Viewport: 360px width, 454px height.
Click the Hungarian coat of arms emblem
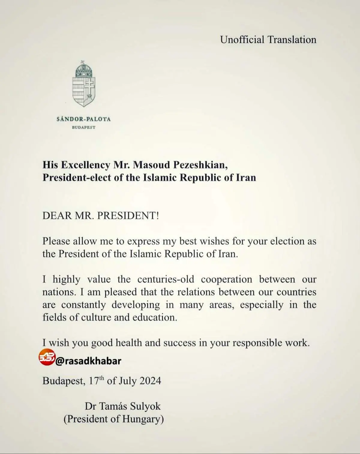click(84, 84)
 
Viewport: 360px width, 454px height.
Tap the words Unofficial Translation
click(268, 40)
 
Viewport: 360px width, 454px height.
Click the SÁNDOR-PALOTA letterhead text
click(84, 119)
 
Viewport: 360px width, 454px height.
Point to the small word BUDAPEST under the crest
click(84, 127)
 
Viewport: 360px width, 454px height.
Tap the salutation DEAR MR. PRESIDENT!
click(100, 215)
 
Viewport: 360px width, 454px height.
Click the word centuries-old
click(166, 279)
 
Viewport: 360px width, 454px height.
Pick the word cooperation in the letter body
click(226, 279)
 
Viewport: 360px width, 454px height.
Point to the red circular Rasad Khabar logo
click(47, 357)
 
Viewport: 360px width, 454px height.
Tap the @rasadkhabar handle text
click(88, 361)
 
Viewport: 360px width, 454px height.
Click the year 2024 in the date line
click(150, 381)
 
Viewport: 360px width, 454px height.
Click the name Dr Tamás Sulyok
click(123, 406)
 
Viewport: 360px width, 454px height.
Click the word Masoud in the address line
click(151, 165)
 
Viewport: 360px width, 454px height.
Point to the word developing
click(136, 305)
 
